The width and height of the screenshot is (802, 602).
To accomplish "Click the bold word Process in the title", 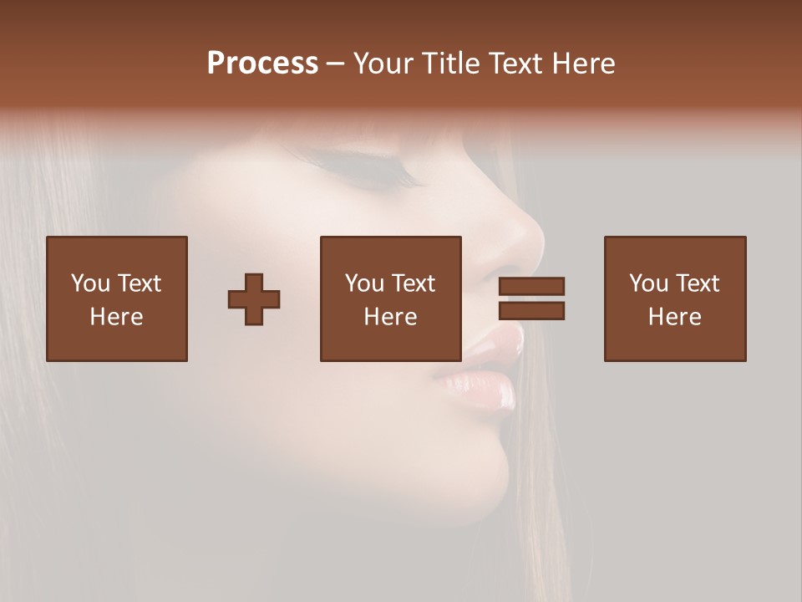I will click(x=262, y=64).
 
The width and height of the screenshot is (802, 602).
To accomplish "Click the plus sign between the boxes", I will click(x=254, y=298).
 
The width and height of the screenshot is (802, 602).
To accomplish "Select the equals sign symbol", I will click(x=531, y=298).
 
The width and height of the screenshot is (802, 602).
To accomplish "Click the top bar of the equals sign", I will click(x=531, y=287).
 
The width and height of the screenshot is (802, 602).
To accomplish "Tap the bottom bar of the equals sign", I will click(x=531, y=311).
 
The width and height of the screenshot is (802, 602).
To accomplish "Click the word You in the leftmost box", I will click(x=90, y=283).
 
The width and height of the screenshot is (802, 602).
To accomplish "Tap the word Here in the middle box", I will click(x=391, y=317).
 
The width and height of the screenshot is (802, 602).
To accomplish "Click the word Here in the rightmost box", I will click(x=675, y=317).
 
